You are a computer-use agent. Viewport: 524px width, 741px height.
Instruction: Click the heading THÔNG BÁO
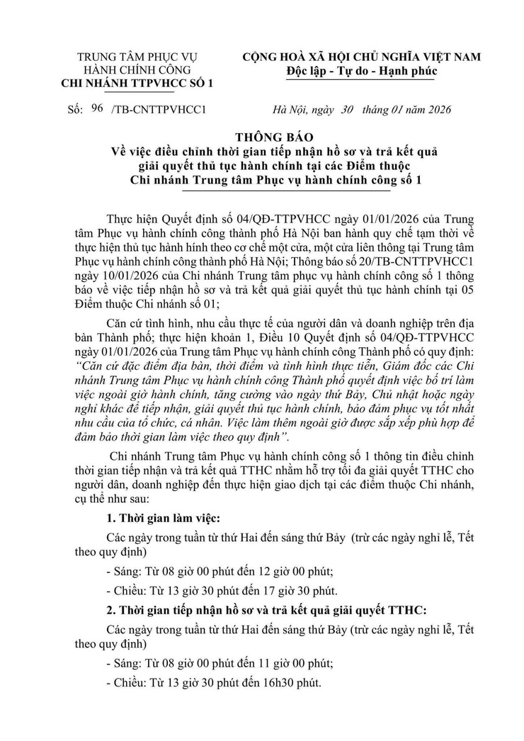pyautogui.click(x=261, y=135)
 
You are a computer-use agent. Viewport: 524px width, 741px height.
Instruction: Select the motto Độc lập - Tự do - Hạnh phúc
pyautogui.click(x=362, y=71)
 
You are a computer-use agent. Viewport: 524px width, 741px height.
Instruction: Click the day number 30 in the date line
pyautogui.click(x=346, y=109)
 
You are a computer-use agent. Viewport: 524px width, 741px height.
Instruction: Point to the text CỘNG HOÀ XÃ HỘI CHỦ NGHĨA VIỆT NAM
pyautogui.click(x=362, y=57)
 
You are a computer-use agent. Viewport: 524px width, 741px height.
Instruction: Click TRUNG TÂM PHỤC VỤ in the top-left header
pyautogui.click(x=137, y=57)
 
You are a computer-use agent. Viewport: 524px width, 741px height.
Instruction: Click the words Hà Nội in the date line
pyautogui.click(x=290, y=110)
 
